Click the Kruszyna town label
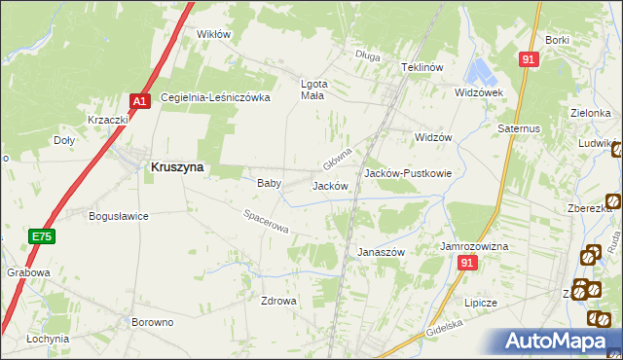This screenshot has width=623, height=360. (x=177, y=166)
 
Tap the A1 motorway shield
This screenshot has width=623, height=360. (x=139, y=100)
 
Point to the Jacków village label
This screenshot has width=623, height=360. (x=329, y=185)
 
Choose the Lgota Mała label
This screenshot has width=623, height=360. (x=311, y=89)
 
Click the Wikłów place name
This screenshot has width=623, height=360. (x=214, y=34)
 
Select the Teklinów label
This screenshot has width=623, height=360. (x=422, y=67)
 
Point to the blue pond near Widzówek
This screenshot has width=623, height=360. (x=481, y=69)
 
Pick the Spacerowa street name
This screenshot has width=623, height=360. (x=266, y=222)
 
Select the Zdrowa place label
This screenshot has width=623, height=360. (x=278, y=301)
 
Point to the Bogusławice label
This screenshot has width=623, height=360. (x=118, y=216)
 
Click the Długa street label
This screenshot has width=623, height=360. (x=367, y=55)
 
